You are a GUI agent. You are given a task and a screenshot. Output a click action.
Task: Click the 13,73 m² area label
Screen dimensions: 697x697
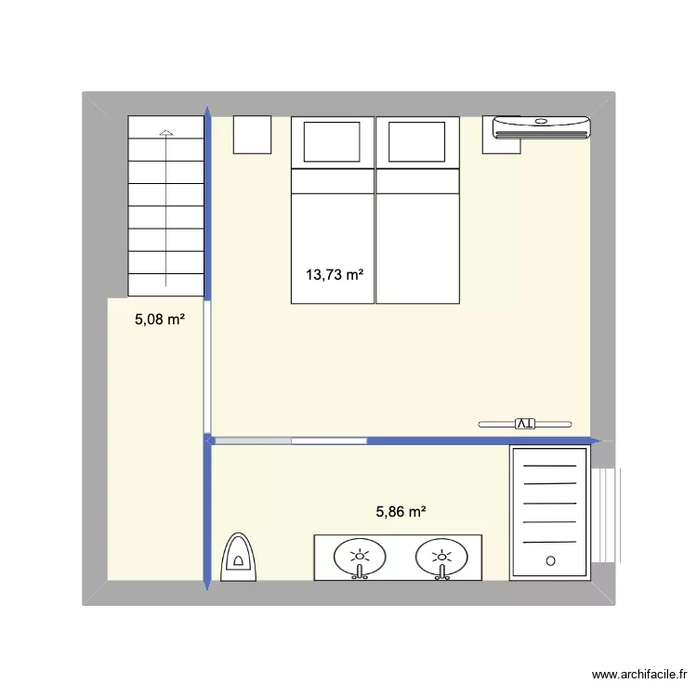click(x=334, y=274)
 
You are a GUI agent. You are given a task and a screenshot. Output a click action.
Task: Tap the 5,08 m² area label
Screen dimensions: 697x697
click(x=160, y=320)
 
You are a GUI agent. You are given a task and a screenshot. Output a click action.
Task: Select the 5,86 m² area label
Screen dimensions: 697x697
click(x=401, y=510)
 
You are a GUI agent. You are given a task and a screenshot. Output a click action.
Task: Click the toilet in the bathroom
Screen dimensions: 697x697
click(x=239, y=557)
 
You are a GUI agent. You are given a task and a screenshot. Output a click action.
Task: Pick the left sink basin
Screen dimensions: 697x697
click(x=359, y=558)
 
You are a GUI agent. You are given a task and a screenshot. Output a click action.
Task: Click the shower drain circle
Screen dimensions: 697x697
click(x=550, y=561)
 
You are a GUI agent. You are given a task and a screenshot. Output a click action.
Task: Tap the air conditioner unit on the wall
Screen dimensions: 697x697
click(x=541, y=127)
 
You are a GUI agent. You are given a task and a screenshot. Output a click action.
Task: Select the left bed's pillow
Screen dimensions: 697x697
click(x=333, y=141)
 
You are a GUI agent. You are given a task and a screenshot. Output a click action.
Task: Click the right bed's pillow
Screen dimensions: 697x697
click(x=416, y=141)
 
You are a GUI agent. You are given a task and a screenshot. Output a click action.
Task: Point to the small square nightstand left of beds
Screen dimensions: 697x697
click(x=251, y=135)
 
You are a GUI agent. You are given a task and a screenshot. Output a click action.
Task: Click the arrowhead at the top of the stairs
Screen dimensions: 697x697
click(x=165, y=132)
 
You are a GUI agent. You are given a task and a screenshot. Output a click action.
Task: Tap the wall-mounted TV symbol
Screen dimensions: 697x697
click(x=525, y=424)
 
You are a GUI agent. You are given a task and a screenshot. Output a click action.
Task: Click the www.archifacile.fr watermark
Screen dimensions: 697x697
click(x=639, y=676)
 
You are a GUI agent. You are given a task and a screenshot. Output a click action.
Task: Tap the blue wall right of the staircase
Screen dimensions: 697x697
click(x=208, y=204)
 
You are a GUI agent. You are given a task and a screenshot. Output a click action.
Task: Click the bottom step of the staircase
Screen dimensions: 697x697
click(x=165, y=285)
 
